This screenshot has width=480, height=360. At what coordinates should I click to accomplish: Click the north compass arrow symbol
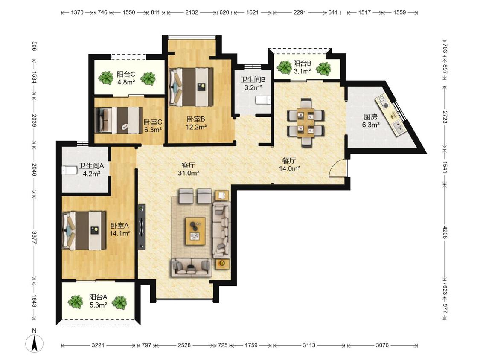pos(34,343)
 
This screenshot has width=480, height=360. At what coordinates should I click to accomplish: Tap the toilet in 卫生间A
pos(69,170)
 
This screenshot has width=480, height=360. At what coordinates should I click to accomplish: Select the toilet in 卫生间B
pos(263,99)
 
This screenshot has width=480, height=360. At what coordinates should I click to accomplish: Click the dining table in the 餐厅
pos(305,122)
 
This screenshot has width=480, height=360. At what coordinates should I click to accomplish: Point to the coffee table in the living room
pos(195,231)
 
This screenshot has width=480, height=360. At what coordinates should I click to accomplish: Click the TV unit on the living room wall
pos(141,227)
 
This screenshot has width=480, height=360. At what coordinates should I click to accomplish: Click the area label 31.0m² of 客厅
pos(189,173)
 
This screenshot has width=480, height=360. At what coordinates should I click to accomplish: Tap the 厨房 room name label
pos(370,117)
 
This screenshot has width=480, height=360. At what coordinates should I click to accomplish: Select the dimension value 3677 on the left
pos(34,237)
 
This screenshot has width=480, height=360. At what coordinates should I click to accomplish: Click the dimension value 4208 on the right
pos(445,232)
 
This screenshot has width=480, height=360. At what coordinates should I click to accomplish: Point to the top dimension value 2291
pos(300,12)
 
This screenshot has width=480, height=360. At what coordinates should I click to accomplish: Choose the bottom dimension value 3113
pos(309,345)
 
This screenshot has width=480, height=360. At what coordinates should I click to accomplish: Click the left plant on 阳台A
pos(75,302)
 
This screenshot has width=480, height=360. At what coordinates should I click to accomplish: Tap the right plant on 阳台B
pos(323,69)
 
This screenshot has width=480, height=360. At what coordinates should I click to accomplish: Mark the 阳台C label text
pos(126,74)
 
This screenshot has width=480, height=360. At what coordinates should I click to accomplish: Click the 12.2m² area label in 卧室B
pos(196,127)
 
